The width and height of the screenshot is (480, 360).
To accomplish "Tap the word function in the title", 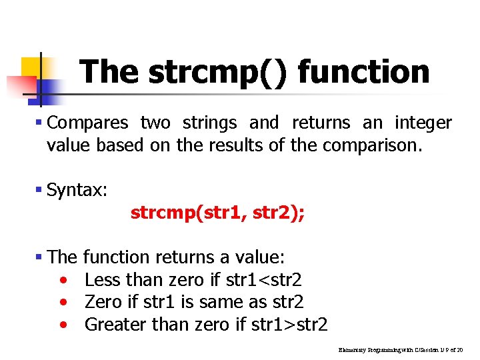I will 363,72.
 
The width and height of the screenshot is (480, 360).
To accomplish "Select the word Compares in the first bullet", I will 88,123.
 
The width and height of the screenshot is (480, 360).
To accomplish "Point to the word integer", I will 423,123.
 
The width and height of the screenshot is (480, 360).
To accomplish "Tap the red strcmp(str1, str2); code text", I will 218,213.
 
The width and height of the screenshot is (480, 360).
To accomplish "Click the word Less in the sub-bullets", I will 103,279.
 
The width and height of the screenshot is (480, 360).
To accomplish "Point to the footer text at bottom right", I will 400,349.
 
